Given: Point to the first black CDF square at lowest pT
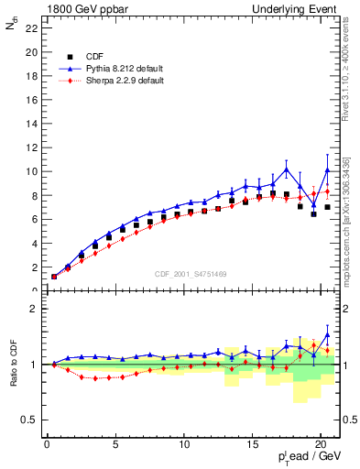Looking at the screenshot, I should tap(54, 276).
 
